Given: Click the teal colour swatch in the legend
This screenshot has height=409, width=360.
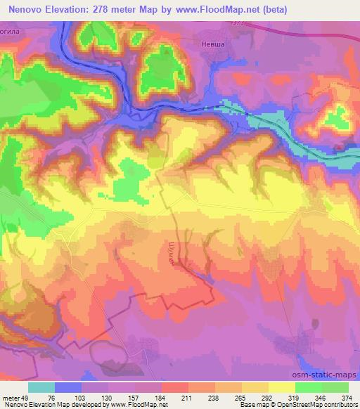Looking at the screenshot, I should click(x=41, y=387).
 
